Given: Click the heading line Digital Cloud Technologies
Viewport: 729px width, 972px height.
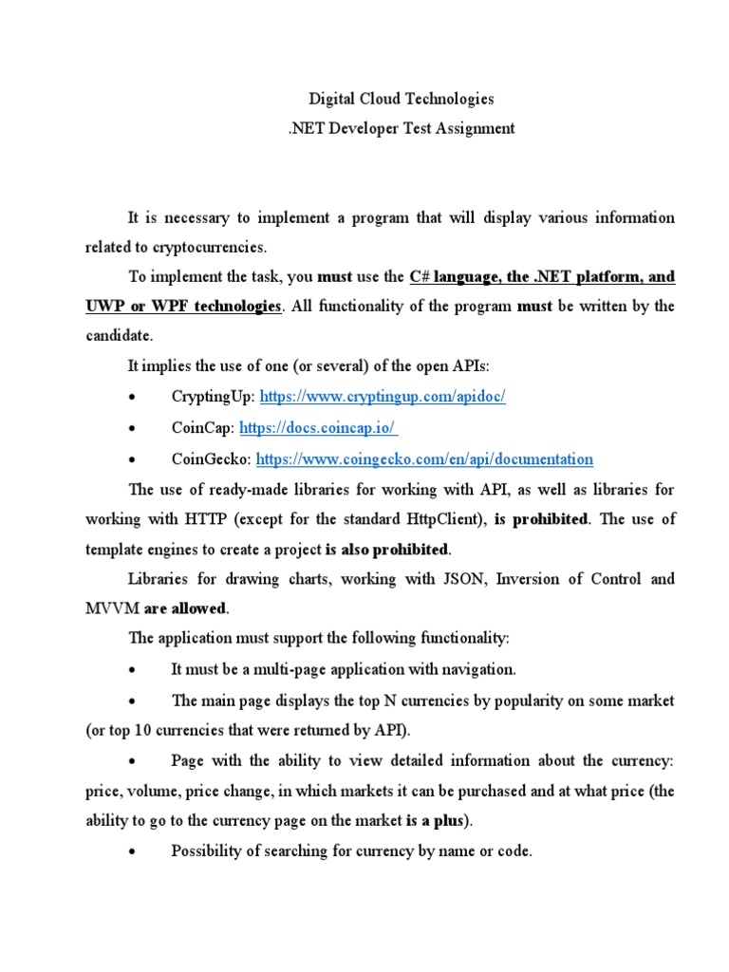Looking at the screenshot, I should pos(402,99).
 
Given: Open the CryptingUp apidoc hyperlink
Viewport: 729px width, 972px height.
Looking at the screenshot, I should pos(383,397).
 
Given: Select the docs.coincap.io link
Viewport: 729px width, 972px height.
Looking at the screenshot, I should pos(318,428).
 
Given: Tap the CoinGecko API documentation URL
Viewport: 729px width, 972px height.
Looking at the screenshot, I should pos(424,458).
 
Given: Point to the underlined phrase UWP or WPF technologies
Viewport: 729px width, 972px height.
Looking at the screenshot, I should pos(183,307).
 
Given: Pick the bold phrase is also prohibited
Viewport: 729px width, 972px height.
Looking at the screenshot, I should pos(386,550).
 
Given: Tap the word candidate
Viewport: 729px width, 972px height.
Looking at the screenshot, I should pos(118,337).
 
